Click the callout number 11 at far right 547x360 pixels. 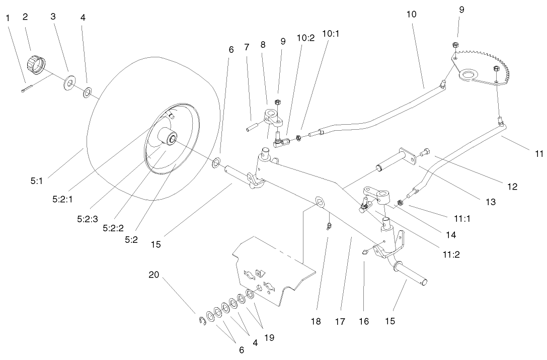point(538,154)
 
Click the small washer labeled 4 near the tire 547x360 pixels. point(88,92)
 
